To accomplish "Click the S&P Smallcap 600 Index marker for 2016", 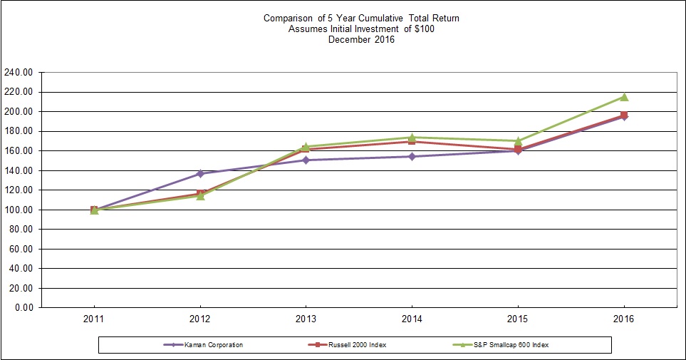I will [624, 97].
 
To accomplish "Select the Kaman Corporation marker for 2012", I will [200, 173].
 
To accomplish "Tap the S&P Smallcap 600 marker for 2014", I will [412, 137].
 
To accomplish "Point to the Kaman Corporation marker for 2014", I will [412, 156].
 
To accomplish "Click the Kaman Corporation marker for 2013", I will [306, 160].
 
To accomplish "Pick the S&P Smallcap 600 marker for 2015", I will [518, 140].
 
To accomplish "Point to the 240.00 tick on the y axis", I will [19, 73].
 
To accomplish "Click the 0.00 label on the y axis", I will [24, 308].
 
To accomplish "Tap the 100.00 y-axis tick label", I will [19, 210].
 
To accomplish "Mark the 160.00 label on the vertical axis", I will [19, 151].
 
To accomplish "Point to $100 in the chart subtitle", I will [424, 29].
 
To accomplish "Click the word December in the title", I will [349, 40].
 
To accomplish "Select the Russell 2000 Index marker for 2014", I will [412, 141].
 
